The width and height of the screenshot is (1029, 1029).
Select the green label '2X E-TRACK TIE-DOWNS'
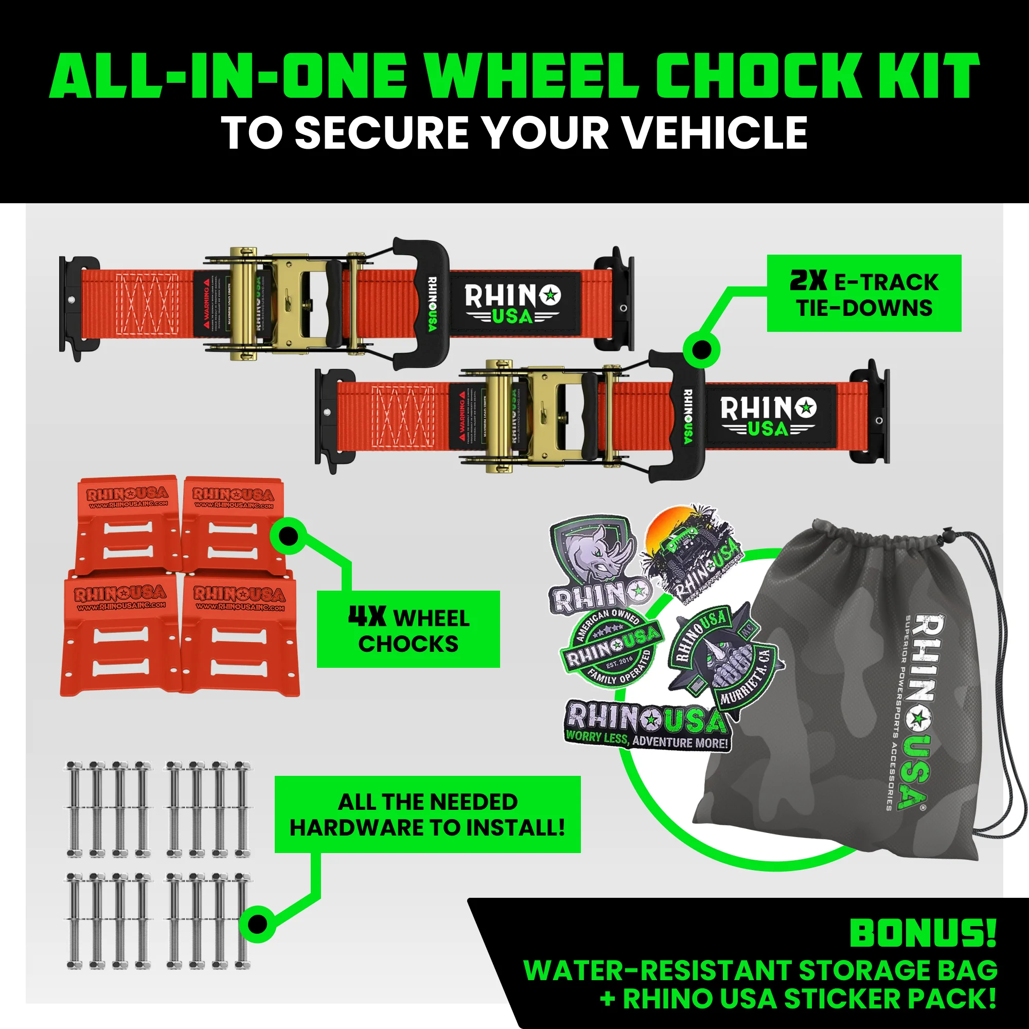[863, 293]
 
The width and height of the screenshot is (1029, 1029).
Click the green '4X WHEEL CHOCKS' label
[408, 629]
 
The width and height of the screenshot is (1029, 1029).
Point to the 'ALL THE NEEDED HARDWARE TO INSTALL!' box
[427, 814]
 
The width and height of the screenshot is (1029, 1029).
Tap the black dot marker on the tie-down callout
[701, 350]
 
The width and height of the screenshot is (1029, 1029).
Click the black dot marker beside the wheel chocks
[288, 536]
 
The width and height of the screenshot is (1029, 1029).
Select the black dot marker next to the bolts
[257, 924]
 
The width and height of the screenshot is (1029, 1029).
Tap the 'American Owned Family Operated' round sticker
[611, 647]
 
